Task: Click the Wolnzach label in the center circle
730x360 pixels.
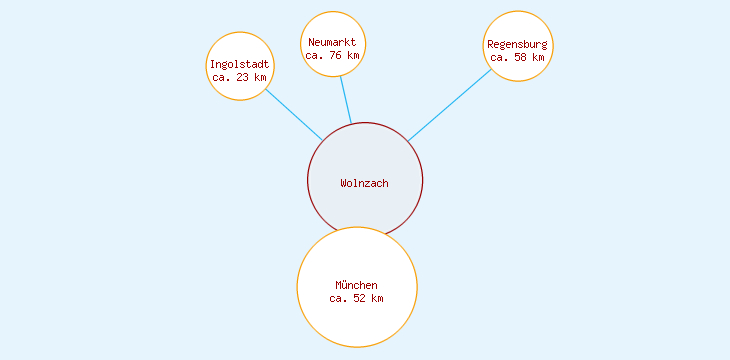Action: [x=364, y=183]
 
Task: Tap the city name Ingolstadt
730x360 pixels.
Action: [x=240, y=65]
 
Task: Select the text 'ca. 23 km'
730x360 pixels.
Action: [x=240, y=77]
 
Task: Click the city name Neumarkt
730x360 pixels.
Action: [x=332, y=42]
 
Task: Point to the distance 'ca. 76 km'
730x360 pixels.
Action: [x=332, y=55]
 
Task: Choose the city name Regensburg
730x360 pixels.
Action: [x=517, y=45]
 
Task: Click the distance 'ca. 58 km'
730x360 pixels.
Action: [x=517, y=57]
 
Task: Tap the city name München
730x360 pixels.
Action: [x=356, y=286]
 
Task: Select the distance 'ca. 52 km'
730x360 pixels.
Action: [x=356, y=298]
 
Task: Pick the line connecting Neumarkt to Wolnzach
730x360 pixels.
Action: [x=345, y=100]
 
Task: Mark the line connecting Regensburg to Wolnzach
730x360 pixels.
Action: [x=450, y=105]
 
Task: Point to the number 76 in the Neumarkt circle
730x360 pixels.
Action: [x=336, y=55]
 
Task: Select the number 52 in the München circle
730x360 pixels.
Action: [x=360, y=298]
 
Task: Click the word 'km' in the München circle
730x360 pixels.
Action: [x=377, y=298]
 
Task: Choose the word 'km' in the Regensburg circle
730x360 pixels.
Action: [x=538, y=57]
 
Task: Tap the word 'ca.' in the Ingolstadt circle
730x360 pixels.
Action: [x=222, y=77]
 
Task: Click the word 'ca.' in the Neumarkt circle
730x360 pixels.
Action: [x=314, y=55]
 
